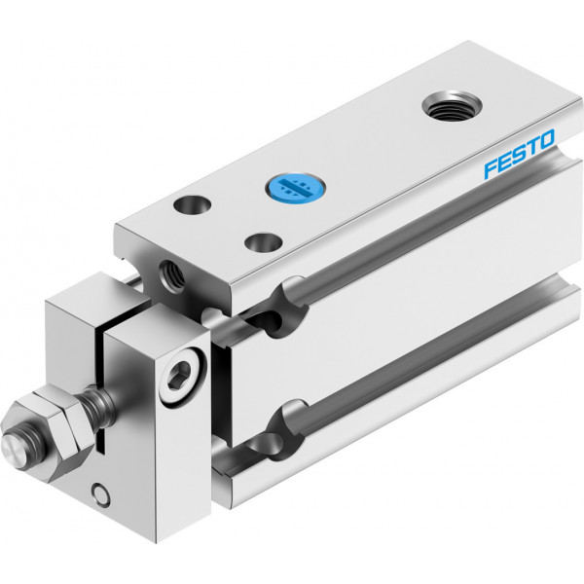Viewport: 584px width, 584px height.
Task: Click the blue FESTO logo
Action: pyautogui.click(x=519, y=154)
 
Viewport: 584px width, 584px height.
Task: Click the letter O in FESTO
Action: pyautogui.click(x=545, y=139)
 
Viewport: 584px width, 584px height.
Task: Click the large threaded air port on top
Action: pyautogui.click(x=453, y=105)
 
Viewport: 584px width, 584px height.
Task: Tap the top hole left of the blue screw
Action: pyautogui.click(x=193, y=204)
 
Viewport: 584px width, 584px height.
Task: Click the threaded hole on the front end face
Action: pyautogui.click(x=171, y=276)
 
